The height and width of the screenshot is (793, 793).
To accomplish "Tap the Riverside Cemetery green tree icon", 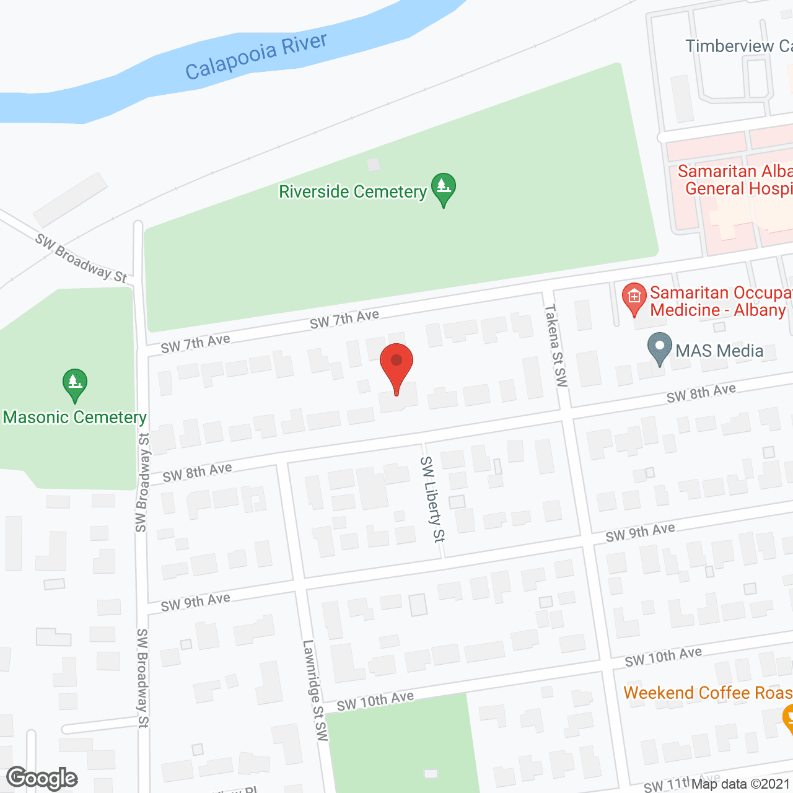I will click(x=443, y=188).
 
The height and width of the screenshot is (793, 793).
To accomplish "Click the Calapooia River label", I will click(x=256, y=56).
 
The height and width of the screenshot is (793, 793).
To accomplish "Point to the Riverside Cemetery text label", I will click(x=353, y=192).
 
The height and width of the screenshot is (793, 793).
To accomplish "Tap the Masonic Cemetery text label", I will click(x=75, y=418).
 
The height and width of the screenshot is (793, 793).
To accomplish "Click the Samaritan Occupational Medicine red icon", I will click(x=634, y=298).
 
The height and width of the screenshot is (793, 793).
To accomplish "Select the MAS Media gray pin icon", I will click(x=659, y=348).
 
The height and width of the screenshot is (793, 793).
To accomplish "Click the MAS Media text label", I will click(x=719, y=351).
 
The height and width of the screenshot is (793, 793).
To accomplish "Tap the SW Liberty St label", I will click(x=432, y=499).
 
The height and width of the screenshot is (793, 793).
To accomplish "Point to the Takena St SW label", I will click(x=556, y=345).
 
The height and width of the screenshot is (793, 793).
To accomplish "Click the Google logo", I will click(x=42, y=779).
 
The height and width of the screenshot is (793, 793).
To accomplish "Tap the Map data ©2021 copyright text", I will click(x=742, y=784).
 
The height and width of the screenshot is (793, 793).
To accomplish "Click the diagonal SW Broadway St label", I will click(x=81, y=258).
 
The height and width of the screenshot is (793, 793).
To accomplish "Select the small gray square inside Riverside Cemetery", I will click(x=373, y=165).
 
